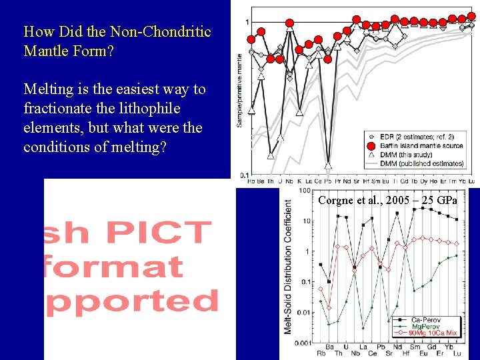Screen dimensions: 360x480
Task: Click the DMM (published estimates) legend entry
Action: (x=421, y=163)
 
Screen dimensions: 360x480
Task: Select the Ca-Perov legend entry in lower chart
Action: (x=427, y=320)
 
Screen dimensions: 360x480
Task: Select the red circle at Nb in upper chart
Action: (x=289, y=23)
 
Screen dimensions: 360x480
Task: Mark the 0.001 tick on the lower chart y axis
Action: (x=302, y=343)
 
